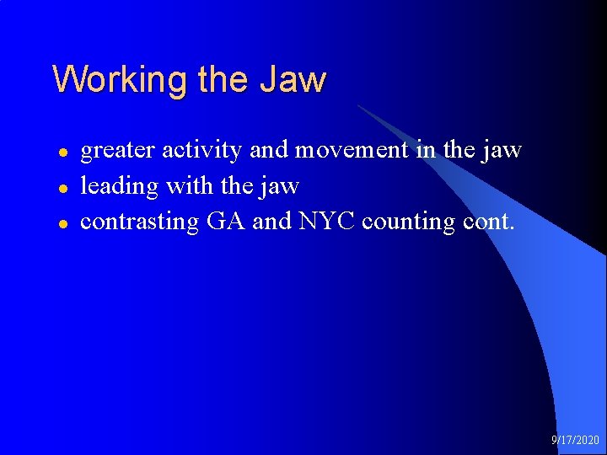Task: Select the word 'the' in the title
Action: pos(224,80)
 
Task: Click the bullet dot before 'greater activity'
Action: pos(62,153)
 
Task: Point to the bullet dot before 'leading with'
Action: pos(62,188)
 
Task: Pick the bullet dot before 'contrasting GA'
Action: pos(62,223)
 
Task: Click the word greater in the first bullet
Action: pos(117,151)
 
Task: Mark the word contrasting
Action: pos(139,222)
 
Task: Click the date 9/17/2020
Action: pos(575,440)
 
